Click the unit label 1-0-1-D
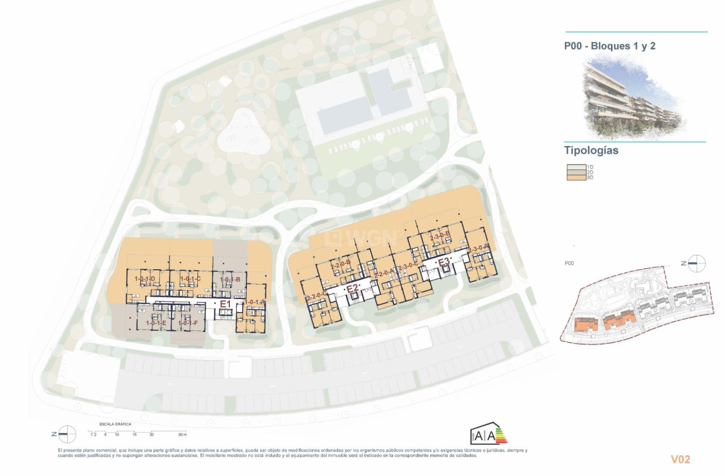(144, 279)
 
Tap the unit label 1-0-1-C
(190, 279)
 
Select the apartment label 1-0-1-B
(230, 280)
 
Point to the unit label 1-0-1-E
(157, 323)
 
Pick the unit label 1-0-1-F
(188, 323)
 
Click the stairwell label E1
(225, 304)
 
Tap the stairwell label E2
(352, 288)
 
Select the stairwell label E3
(444, 261)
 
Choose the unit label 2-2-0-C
(316, 298)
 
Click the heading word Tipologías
(591, 151)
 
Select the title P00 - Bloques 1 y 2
(609, 46)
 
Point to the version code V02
(680, 459)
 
